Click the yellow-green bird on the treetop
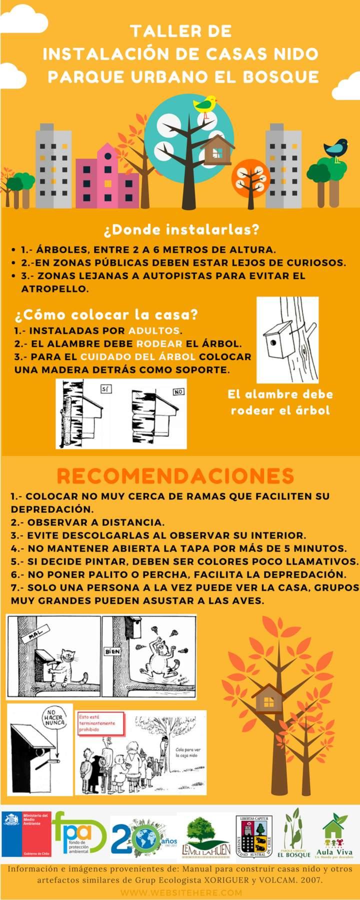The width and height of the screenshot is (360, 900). (x=205, y=104)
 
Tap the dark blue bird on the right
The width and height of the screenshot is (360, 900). (x=336, y=148)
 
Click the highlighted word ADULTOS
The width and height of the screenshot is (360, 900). (x=154, y=330)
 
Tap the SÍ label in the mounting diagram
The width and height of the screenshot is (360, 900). (x=104, y=388)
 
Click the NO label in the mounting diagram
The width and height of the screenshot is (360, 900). (x=178, y=392)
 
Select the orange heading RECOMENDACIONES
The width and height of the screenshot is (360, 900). (x=175, y=475)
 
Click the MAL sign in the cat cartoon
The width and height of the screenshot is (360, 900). (x=34, y=635)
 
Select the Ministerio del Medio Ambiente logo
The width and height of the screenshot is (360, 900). (x=26, y=834)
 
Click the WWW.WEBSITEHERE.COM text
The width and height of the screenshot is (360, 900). (x=181, y=892)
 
